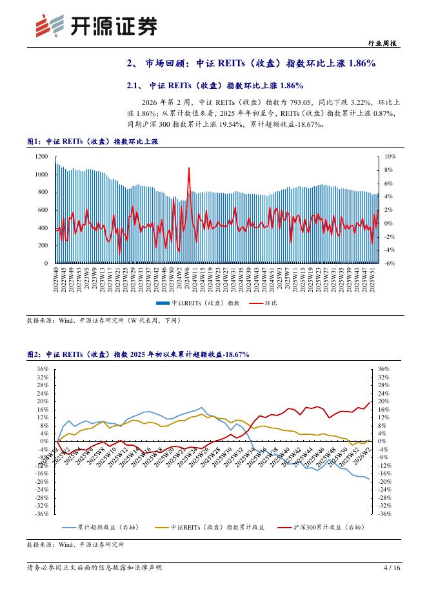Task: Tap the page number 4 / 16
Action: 392,568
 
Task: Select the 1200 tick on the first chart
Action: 41,157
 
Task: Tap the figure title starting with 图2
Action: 137,354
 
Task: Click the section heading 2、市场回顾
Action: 251,63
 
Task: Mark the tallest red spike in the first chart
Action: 188,169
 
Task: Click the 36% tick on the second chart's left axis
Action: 43,369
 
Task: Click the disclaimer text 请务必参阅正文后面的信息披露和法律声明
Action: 94,568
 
